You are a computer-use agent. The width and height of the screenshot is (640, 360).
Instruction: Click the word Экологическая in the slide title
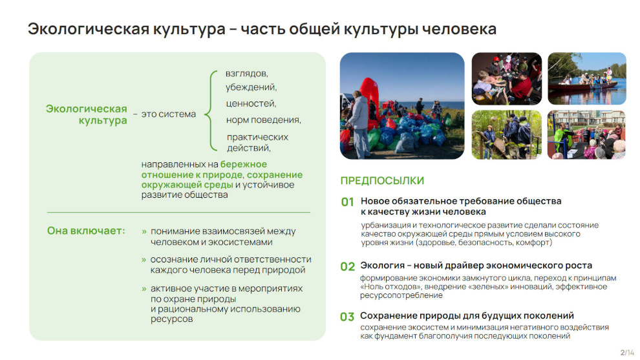click(x=88, y=29)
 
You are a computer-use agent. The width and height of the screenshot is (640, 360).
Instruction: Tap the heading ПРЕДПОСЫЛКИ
click(x=382, y=181)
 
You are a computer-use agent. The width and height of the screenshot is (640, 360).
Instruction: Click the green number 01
click(x=347, y=202)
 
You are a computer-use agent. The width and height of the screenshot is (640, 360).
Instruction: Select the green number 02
click(x=347, y=266)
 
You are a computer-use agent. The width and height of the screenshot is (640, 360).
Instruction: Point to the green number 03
click(x=347, y=317)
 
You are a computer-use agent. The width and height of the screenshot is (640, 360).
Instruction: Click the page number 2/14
click(x=627, y=352)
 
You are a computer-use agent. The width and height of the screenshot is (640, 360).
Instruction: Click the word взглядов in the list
click(x=246, y=74)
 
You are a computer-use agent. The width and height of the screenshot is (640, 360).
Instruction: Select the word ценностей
click(x=251, y=103)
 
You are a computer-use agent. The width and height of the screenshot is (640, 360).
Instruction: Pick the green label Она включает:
click(x=86, y=231)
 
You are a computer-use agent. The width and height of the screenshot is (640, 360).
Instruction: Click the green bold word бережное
click(x=244, y=165)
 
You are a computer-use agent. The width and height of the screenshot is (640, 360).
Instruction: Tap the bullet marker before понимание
click(x=144, y=232)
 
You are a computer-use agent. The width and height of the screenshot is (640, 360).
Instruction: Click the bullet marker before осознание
click(x=144, y=260)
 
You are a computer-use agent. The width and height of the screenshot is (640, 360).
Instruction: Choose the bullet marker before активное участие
click(x=144, y=289)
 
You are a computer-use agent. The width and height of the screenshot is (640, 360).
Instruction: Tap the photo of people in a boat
click(x=586, y=79)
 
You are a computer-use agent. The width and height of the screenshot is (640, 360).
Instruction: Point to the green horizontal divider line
click(x=178, y=212)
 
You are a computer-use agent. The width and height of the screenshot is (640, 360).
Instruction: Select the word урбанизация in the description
click(x=386, y=226)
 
